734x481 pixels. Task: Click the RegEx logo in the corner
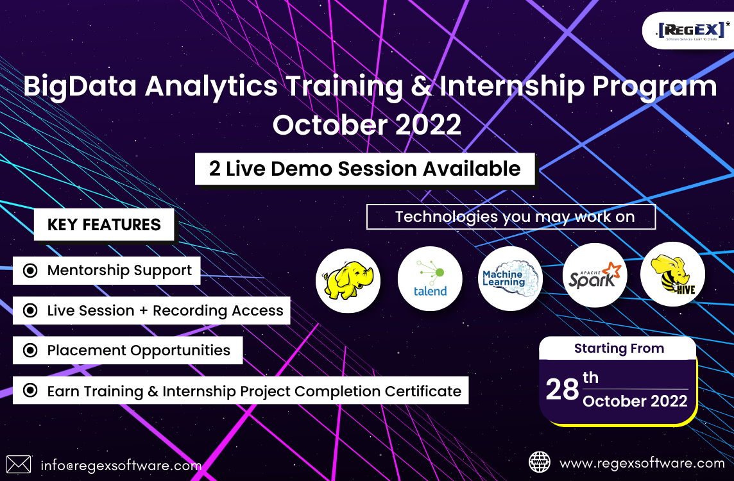[x=692, y=31]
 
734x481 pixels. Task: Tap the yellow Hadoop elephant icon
[x=348, y=281]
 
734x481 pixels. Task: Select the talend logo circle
[x=430, y=279]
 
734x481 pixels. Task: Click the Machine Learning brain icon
[x=510, y=279]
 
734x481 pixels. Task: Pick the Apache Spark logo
[x=595, y=276]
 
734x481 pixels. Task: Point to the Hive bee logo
[x=672, y=274]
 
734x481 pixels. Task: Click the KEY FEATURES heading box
[x=104, y=224]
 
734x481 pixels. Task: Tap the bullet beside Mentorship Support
[x=30, y=271]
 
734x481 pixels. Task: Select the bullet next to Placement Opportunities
[x=30, y=350]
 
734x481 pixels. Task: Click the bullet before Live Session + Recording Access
[x=30, y=310]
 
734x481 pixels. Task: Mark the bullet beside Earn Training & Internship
[x=30, y=390]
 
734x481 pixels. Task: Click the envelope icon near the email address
[x=19, y=464]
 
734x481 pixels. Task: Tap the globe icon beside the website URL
[x=539, y=462]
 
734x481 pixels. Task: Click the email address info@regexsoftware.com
[x=121, y=466]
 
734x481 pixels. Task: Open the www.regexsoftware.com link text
[x=642, y=463]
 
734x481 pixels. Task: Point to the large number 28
[x=562, y=389]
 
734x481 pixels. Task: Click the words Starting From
[x=619, y=348]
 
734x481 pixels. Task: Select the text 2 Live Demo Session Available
[x=364, y=169]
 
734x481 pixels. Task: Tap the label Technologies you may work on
[x=515, y=217]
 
